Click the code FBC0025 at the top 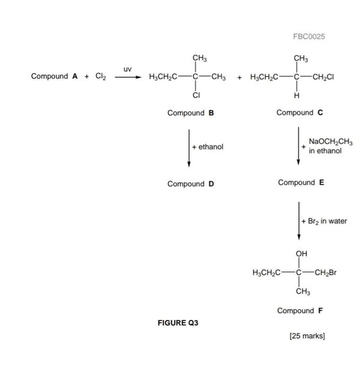[308, 36]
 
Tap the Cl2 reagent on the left [101, 76]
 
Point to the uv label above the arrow [127, 69]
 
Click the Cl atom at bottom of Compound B [196, 96]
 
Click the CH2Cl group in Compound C [322, 77]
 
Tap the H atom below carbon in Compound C [297, 96]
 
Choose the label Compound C [299, 113]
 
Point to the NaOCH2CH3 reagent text [327, 142]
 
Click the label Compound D [190, 184]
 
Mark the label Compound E [301, 183]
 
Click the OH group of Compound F [301, 253]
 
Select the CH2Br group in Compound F [323, 273]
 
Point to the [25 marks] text [306, 336]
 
